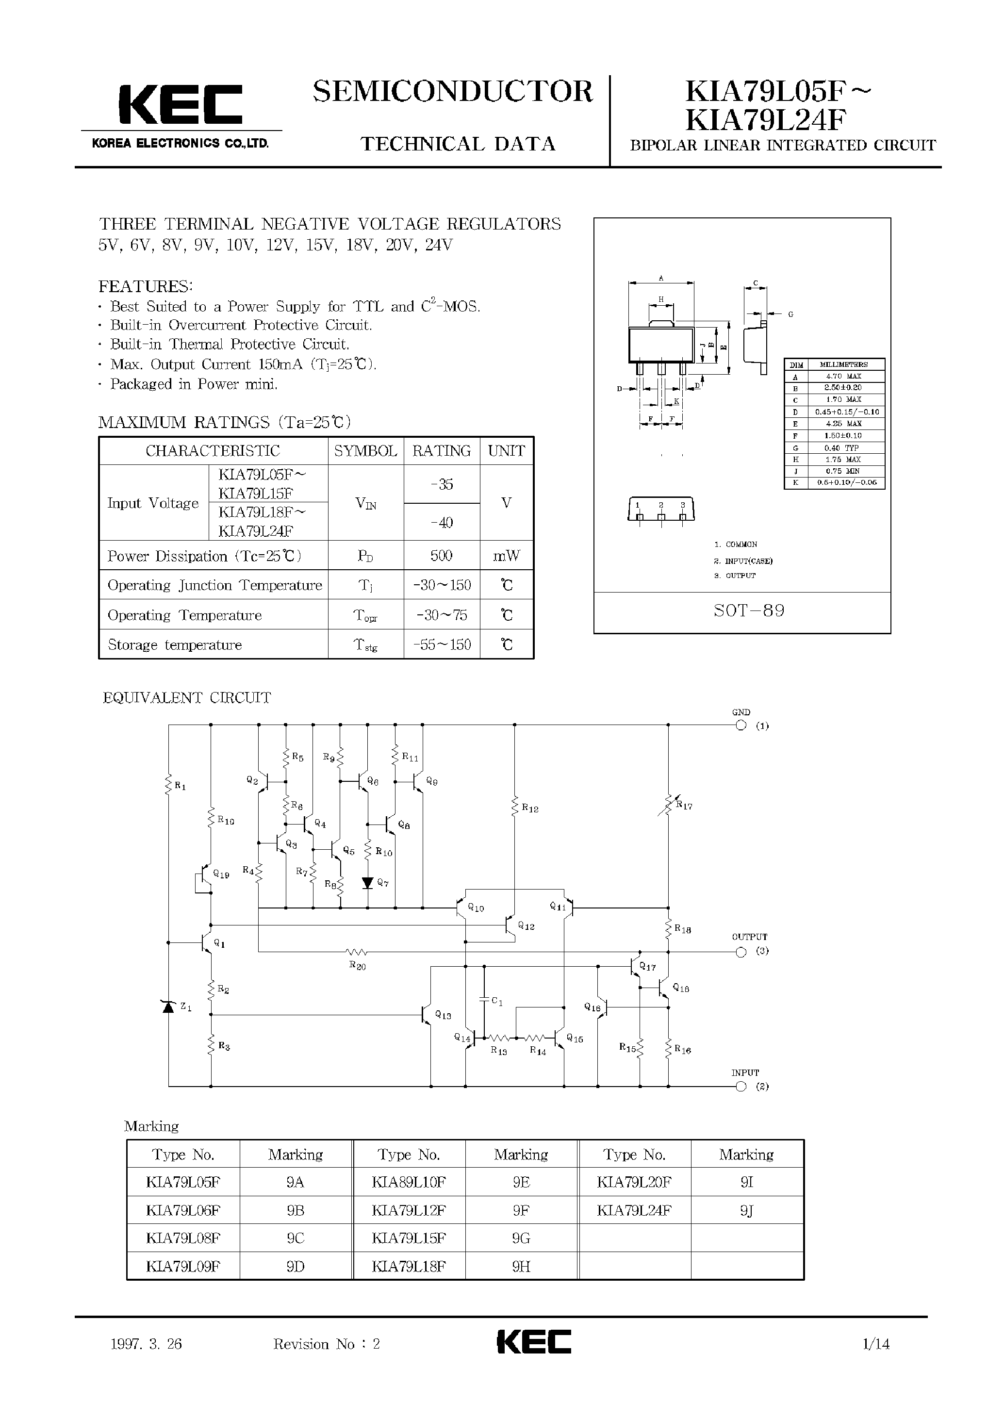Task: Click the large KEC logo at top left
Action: tap(180, 104)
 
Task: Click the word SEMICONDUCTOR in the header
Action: tap(453, 92)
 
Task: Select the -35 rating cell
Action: tap(442, 485)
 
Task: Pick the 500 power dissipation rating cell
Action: tap(442, 556)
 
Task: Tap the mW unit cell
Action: tap(506, 556)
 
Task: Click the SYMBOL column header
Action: tap(365, 451)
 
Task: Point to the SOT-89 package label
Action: tap(749, 611)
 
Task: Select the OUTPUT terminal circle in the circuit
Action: tap(741, 952)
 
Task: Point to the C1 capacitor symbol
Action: tap(484, 999)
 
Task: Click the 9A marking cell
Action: tap(296, 1182)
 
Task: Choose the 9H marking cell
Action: tap(521, 1266)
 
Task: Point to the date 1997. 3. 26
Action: tap(146, 1344)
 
